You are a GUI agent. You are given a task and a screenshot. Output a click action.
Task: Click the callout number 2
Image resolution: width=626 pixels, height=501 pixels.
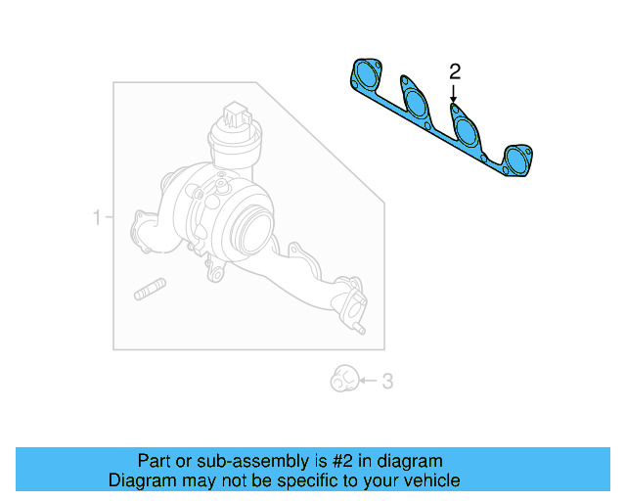point(455,70)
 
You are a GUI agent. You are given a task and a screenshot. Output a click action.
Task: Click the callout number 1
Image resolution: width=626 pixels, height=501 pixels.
point(97,217)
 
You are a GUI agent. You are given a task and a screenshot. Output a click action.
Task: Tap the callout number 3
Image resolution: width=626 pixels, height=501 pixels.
point(387,381)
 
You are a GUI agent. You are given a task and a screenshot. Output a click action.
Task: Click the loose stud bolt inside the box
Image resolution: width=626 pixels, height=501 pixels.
point(148,292)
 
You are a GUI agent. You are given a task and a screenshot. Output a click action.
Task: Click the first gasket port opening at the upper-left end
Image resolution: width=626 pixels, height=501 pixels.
point(366,75)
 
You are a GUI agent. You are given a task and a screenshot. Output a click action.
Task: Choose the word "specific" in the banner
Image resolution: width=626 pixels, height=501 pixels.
point(296,480)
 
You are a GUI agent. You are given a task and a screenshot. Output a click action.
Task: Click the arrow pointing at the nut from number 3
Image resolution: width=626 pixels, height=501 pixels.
point(368,380)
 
